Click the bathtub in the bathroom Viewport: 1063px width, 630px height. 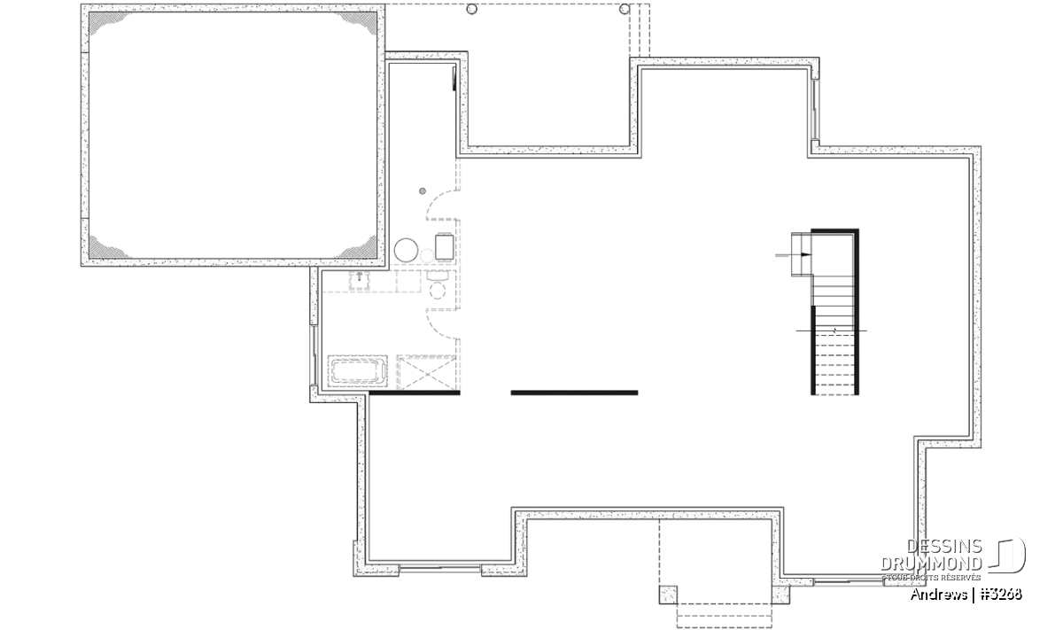click(x=357, y=370)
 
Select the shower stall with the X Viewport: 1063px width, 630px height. click(x=427, y=373)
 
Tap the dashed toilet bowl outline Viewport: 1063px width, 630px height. click(x=437, y=290)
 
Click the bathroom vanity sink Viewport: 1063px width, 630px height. click(x=361, y=280)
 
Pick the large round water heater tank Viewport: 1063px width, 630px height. click(x=406, y=250)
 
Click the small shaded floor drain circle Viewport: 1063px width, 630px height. click(x=423, y=191)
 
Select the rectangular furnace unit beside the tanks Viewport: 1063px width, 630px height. click(x=444, y=247)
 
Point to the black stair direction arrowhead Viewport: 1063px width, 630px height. click(x=806, y=255)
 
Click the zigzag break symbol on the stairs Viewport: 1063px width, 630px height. click(x=834, y=330)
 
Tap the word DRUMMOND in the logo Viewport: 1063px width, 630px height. click(x=932, y=564)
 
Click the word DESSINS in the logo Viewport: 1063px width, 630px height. click(x=944, y=547)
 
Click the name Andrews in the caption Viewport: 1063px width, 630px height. click(x=939, y=595)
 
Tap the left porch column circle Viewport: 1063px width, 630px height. click(x=471, y=9)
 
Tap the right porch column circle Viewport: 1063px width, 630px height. click(x=625, y=9)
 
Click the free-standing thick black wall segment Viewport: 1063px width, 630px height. click(x=574, y=393)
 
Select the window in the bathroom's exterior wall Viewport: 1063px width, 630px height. click(x=314, y=355)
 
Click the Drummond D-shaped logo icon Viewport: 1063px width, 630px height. click(x=1008, y=555)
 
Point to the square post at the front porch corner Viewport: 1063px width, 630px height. click(x=668, y=595)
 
